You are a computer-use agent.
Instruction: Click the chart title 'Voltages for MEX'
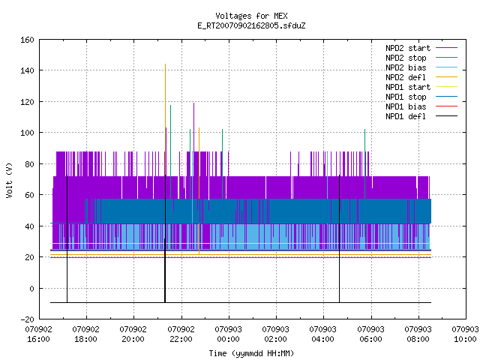tap(251, 16)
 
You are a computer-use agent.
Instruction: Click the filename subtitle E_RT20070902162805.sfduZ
tap(251, 25)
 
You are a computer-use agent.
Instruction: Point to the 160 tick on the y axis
tap(27, 40)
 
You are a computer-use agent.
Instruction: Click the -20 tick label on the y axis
tap(27, 319)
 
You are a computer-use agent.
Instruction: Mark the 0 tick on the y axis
tap(31, 288)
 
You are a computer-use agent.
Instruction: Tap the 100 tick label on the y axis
tap(27, 133)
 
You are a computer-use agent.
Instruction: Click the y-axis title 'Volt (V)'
tap(9, 180)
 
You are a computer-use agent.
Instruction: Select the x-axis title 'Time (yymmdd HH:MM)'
tap(251, 353)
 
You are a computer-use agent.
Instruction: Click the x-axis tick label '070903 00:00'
tap(228, 334)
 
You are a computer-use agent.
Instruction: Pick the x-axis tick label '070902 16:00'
tap(38, 334)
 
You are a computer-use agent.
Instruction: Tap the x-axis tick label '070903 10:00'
tap(465, 334)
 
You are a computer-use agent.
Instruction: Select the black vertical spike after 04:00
tap(339, 238)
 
